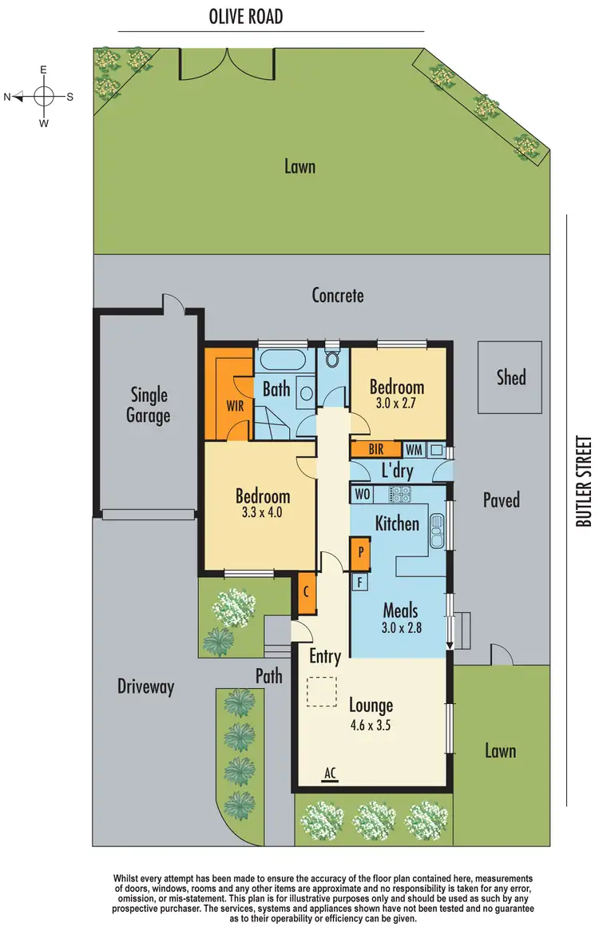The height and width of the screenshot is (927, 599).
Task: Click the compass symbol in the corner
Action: point(44,97)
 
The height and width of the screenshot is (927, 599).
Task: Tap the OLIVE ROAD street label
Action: point(246,16)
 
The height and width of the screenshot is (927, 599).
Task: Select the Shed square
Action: point(511,376)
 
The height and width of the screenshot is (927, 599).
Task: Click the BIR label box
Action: point(376,450)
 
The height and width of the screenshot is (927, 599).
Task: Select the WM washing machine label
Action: point(413,450)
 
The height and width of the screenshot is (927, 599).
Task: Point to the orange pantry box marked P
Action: point(360,551)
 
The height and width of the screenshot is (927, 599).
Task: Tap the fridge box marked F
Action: point(360,583)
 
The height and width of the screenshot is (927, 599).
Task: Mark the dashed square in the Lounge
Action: point(323,691)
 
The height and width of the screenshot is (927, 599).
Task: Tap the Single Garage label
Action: point(149,405)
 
